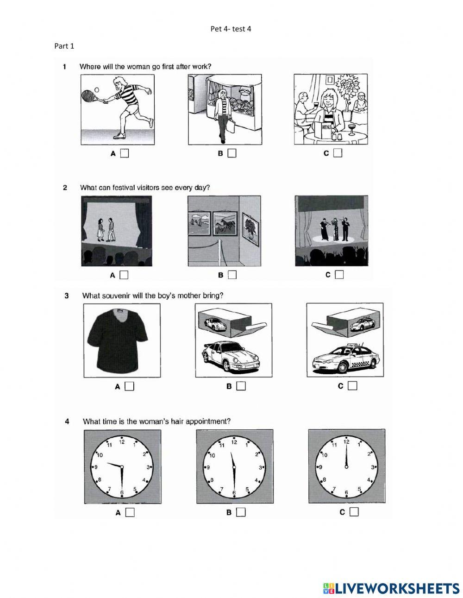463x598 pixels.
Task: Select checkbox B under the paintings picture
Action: click(232, 275)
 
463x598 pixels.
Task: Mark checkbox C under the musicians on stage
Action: click(339, 275)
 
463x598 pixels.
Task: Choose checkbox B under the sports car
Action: click(241, 386)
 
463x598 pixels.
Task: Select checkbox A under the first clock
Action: click(130, 512)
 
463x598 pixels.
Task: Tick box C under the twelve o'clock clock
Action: click(354, 512)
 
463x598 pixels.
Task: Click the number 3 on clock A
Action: click(149, 467)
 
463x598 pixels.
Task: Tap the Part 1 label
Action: click(64, 46)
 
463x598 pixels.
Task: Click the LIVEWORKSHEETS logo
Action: click(391, 588)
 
